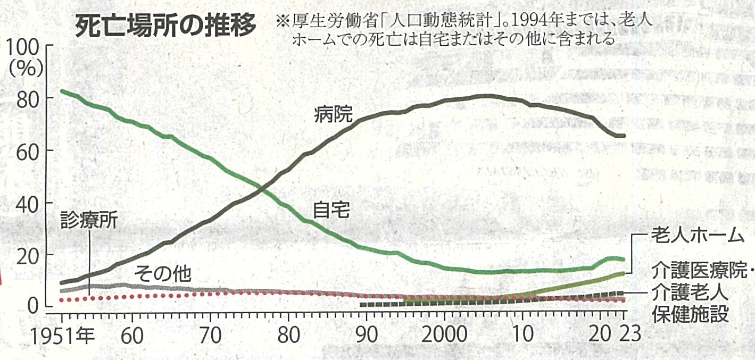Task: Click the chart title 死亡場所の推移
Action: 165,25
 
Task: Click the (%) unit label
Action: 27,69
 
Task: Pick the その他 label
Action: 162,274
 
